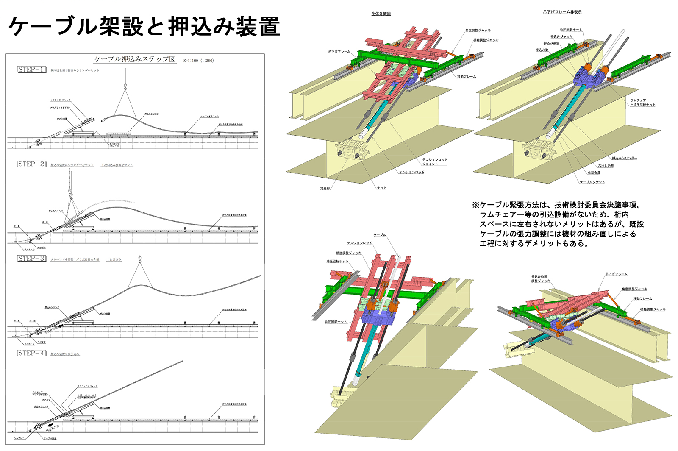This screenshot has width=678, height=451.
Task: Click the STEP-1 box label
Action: pyautogui.click(x=31, y=70)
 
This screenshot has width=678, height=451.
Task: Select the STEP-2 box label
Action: pyautogui.click(x=31, y=164)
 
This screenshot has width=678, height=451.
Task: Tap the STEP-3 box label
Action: pyautogui.click(x=31, y=259)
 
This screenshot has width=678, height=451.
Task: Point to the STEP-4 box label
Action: pyautogui.click(x=31, y=353)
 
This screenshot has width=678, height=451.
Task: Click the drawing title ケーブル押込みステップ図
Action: pyautogui.click(x=135, y=59)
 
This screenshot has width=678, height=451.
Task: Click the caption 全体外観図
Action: pyautogui.click(x=381, y=14)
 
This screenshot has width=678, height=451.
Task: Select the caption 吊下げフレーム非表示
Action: pyautogui.click(x=562, y=12)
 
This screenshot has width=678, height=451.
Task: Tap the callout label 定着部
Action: pyautogui.click(x=325, y=188)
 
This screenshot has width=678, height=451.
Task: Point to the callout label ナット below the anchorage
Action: pyautogui.click(x=381, y=187)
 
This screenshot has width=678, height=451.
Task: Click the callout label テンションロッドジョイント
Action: pyautogui.click(x=434, y=161)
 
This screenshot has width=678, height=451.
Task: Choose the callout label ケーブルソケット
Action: pyautogui.click(x=592, y=182)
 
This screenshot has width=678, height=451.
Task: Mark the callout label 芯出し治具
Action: pyautogui.click(x=606, y=166)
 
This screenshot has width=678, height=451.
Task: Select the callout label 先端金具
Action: pyautogui.click(x=594, y=173)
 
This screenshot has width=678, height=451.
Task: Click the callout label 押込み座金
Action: pyautogui.click(x=551, y=43)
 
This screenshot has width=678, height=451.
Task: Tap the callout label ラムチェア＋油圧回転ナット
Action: pyautogui.click(x=642, y=103)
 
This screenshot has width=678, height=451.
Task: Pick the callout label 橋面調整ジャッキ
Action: pyautogui.click(x=349, y=253)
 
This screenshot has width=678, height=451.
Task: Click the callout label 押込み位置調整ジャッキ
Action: pyautogui.click(x=541, y=279)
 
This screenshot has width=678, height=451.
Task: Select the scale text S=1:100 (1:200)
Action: pyautogui.click(x=198, y=61)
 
